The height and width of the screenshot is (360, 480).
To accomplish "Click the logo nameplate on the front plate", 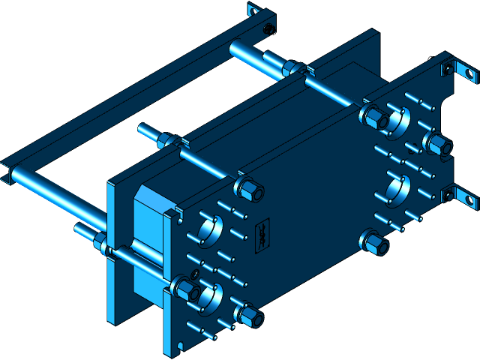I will coord(264,233).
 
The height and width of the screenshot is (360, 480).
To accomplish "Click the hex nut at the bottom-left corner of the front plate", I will coord(250,317).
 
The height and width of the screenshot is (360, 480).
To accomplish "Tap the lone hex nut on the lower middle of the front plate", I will coord(374,242).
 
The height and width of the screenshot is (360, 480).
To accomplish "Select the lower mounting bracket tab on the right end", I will coord(459,197).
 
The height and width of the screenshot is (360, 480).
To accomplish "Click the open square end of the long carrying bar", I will coord(6,173).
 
